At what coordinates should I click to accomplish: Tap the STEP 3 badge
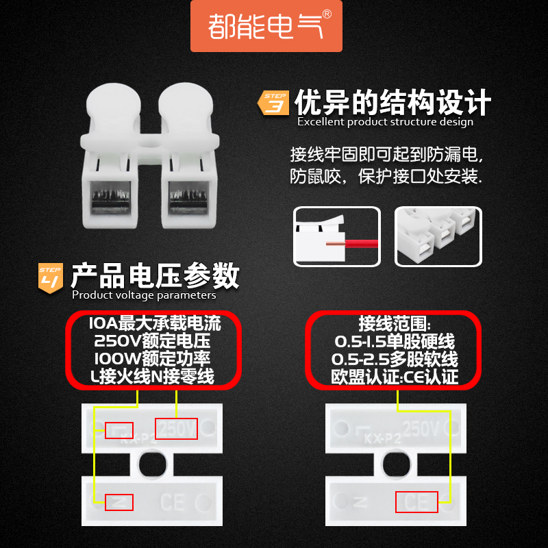(275, 103)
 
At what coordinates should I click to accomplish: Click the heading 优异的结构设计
(393, 102)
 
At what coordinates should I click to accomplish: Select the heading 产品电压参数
(155, 275)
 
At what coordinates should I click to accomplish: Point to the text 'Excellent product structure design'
(385, 122)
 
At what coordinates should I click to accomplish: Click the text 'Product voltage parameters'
(144, 295)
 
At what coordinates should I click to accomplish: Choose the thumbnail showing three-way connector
(438, 236)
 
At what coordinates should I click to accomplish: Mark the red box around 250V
(176, 429)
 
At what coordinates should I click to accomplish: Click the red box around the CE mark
(416, 501)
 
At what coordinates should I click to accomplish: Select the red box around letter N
(119, 501)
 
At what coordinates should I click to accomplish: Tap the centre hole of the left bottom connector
(152, 465)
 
